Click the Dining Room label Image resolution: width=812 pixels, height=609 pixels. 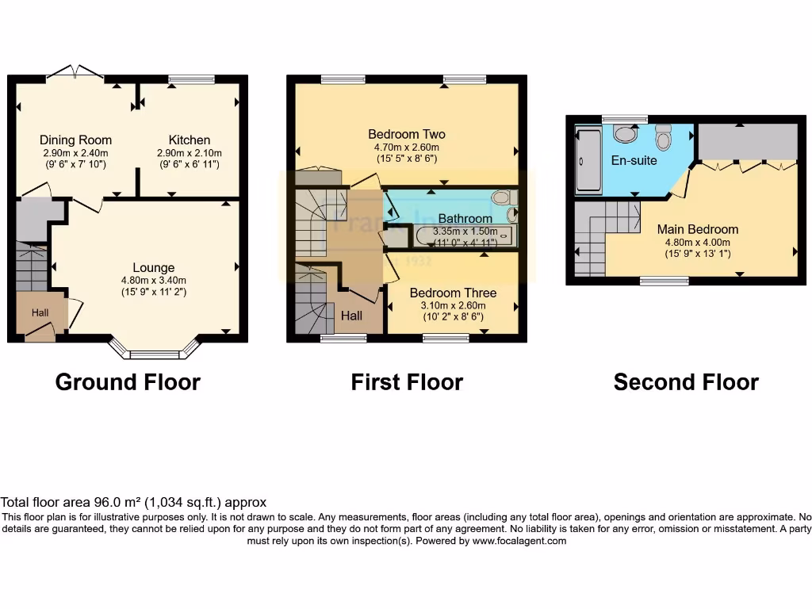click(x=75, y=140)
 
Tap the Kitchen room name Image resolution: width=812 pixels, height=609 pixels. click(x=189, y=140)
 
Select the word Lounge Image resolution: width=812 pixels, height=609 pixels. click(x=153, y=268)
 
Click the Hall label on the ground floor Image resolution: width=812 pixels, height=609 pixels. click(x=40, y=313)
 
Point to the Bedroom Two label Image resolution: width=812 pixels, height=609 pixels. click(x=407, y=134)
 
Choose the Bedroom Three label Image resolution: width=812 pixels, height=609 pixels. click(x=453, y=293)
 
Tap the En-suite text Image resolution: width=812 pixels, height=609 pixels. click(x=634, y=160)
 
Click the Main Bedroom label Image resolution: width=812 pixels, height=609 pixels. click(x=697, y=229)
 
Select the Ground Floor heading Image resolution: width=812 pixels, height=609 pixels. click(x=128, y=382)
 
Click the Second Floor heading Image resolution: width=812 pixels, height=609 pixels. click(x=686, y=382)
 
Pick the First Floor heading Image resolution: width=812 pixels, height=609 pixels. click(x=407, y=382)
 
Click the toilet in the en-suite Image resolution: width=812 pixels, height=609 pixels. click(x=664, y=138)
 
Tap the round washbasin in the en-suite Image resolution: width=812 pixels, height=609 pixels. click(x=626, y=134)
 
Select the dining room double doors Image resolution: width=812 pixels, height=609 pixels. click(x=75, y=72)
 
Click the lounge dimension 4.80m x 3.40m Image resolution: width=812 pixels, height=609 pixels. click(x=153, y=280)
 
